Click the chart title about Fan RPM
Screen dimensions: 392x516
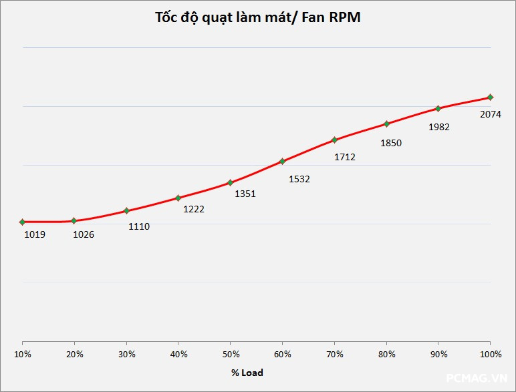click(x=257, y=18)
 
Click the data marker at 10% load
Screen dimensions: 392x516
click(x=22, y=222)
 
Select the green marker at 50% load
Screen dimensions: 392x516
click(x=230, y=182)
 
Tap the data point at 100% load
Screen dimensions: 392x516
click(x=490, y=97)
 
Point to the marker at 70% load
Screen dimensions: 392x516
click(x=334, y=140)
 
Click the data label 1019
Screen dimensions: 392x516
click(x=35, y=234)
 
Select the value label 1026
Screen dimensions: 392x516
click(x=84, y=234)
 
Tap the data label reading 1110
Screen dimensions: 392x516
click(x=139, y=226)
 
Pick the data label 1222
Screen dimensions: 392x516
click(x=194, y=209)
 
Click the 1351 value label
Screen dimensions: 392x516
click(x=245, y=194)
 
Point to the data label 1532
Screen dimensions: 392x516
click(x=299, y=179)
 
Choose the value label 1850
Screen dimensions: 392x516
click(x=390, y=143)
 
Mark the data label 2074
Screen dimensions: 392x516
click(x=491, y=114)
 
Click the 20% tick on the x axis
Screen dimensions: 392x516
click(x=75, y=354)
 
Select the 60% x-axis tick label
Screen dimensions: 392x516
click(x=283, y=354)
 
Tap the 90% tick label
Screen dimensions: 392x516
click(x=438, y=354)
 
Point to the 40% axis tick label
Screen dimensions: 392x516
click(x=178, y=354)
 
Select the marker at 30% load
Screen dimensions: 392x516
click(x=126, y=211)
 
